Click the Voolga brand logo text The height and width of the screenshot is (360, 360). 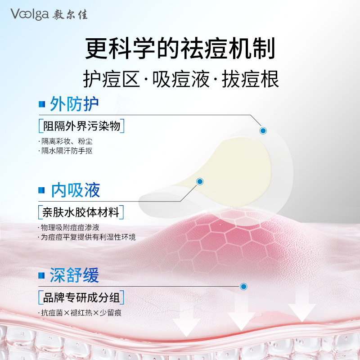30,14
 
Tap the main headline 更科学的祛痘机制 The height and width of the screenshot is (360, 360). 180,49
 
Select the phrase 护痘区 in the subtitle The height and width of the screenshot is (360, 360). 112,79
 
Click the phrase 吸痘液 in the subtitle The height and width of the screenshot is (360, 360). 181,79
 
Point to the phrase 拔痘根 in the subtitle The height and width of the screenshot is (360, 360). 250,79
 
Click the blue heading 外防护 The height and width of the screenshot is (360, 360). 74,104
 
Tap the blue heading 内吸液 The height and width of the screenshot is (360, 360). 76,190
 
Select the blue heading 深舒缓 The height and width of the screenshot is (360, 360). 74,275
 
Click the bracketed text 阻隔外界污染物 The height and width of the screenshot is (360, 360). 82,126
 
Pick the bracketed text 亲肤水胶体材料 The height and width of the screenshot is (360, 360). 81,212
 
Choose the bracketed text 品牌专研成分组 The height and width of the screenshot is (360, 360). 81,298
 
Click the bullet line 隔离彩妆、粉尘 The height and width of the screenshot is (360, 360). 65,141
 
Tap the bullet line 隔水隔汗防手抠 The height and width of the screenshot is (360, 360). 65,151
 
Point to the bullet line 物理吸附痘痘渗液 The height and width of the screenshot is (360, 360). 69,227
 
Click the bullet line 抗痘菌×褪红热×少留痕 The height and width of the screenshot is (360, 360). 80,313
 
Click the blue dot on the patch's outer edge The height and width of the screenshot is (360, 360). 263,131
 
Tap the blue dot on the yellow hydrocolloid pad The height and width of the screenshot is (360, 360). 200,182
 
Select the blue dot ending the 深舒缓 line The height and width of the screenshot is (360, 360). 243,287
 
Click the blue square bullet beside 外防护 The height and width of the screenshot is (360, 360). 42,104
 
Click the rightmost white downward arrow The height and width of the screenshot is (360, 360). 302,308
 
